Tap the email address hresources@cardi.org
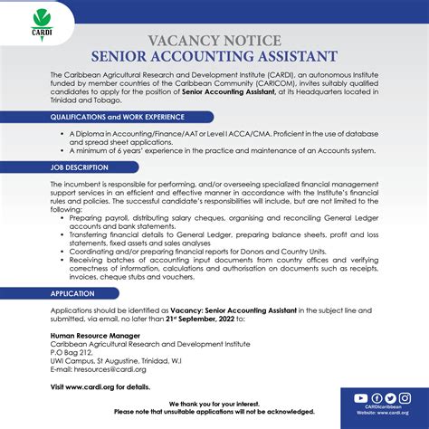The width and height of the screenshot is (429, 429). (x=107, y=369)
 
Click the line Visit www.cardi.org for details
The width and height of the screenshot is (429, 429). (x=100, y=386)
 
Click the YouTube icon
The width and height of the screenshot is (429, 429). (x=361, y=398)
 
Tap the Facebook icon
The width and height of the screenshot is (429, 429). (x=377, y=398)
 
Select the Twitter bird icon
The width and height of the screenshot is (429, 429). (x=391, y=398)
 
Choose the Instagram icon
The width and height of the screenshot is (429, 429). (x=405, y=398)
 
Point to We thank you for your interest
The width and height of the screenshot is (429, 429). (x=214, y=403)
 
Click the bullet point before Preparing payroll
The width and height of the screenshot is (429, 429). (x=73, y=218)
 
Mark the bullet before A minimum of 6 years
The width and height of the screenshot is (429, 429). (x=73, y=152)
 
